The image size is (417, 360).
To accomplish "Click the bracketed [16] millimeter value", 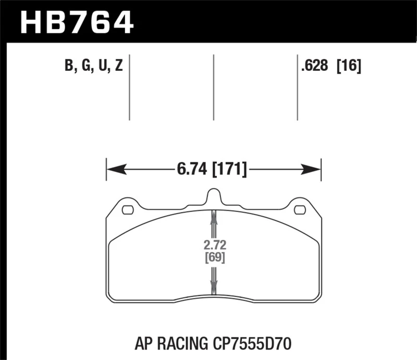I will point(349,67).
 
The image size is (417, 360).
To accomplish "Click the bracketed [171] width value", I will point(230,169).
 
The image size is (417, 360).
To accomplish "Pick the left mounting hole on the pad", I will point(127,210).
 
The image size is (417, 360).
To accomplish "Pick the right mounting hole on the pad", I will point(300,210).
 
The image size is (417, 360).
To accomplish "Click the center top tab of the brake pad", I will point(213,196).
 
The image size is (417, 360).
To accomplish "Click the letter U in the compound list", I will point(102,67).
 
